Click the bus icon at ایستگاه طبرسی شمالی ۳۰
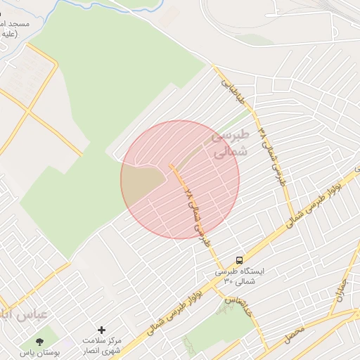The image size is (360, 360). (240, 260)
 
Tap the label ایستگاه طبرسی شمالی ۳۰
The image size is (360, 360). (239, 276)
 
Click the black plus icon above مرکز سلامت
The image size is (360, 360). (102, 330)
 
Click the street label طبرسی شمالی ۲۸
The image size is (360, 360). (197, 214)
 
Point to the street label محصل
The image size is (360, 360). (295, 334)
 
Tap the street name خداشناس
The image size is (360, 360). (237, 300)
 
